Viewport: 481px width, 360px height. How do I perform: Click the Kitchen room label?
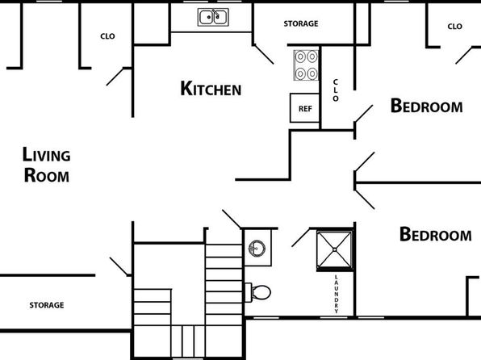(211, 89)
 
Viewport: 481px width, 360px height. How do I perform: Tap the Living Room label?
(46, 165)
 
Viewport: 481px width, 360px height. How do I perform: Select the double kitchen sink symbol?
(213, 17)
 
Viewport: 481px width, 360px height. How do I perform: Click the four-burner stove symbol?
(306, 65)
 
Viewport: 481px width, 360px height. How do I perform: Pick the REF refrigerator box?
(304, 108)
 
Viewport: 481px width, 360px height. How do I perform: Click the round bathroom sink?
(257, 249)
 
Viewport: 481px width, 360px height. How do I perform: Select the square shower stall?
(334, 250)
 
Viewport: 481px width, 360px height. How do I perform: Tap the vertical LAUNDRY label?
(337, 294)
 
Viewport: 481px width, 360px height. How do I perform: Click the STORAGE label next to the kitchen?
(301, 23)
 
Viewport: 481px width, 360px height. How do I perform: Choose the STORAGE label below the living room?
(47, 305)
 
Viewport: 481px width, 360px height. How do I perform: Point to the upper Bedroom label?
(426, 106)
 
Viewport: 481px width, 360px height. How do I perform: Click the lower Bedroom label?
(435, 234)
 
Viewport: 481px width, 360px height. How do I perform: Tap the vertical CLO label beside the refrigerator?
(336, 90)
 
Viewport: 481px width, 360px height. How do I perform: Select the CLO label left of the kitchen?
(107, 36)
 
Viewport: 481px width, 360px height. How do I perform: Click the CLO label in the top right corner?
(454, 27)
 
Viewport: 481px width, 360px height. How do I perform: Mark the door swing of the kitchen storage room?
(264, 54)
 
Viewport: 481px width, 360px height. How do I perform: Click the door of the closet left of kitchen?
(115, 77)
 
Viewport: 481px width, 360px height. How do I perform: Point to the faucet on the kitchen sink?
(215, 14)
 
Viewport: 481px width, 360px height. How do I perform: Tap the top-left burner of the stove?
(300, 57)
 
